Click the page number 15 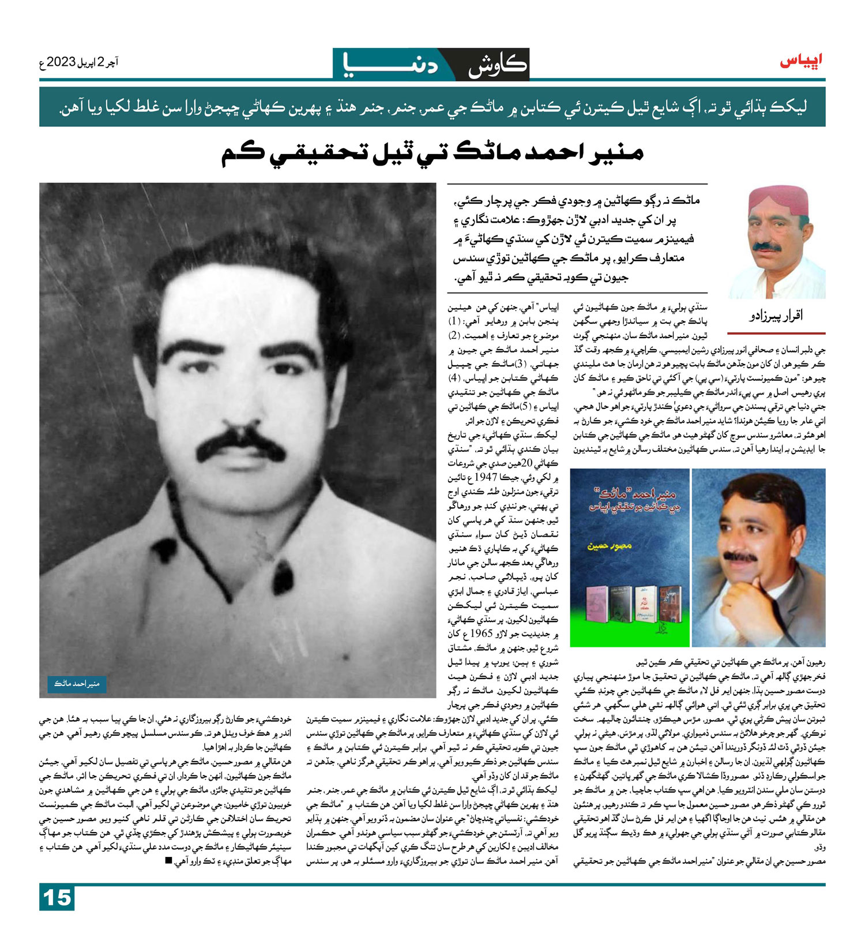(57, 898)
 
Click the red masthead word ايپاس (802, 61)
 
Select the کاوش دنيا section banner (431, 64)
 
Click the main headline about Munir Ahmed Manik (432, 153)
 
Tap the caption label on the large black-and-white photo (77, 684)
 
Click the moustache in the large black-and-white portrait (238, 445)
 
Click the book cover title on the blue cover (630, 500)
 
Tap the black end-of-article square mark (168, 861)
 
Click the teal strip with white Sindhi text (432, 107)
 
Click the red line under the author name (776, 334)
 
